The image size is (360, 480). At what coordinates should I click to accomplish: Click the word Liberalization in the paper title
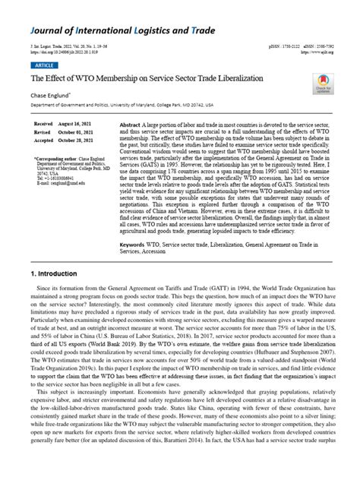228,79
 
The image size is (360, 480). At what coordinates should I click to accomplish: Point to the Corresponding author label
53,158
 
